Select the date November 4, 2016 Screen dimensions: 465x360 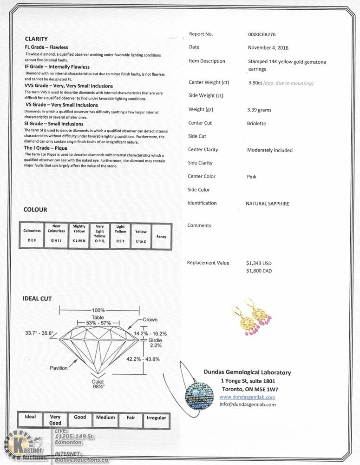(x=268, y=47)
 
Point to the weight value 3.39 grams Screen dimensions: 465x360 (x=259, y=110)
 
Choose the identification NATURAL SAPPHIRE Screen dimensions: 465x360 (x=268, y=204)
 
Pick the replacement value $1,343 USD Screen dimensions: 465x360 (x=259, y=263)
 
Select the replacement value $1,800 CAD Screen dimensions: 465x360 (x=259, y=271)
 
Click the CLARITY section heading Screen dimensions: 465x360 (x=36, y=39)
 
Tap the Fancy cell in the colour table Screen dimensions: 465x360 (x=161, y=237)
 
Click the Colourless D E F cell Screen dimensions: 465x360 (x=32, y=235)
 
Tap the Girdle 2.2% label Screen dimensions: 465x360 (x=155, y=343)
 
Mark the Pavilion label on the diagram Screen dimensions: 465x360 (x=59, y=368)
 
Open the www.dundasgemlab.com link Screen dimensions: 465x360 (x=247, y=397)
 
